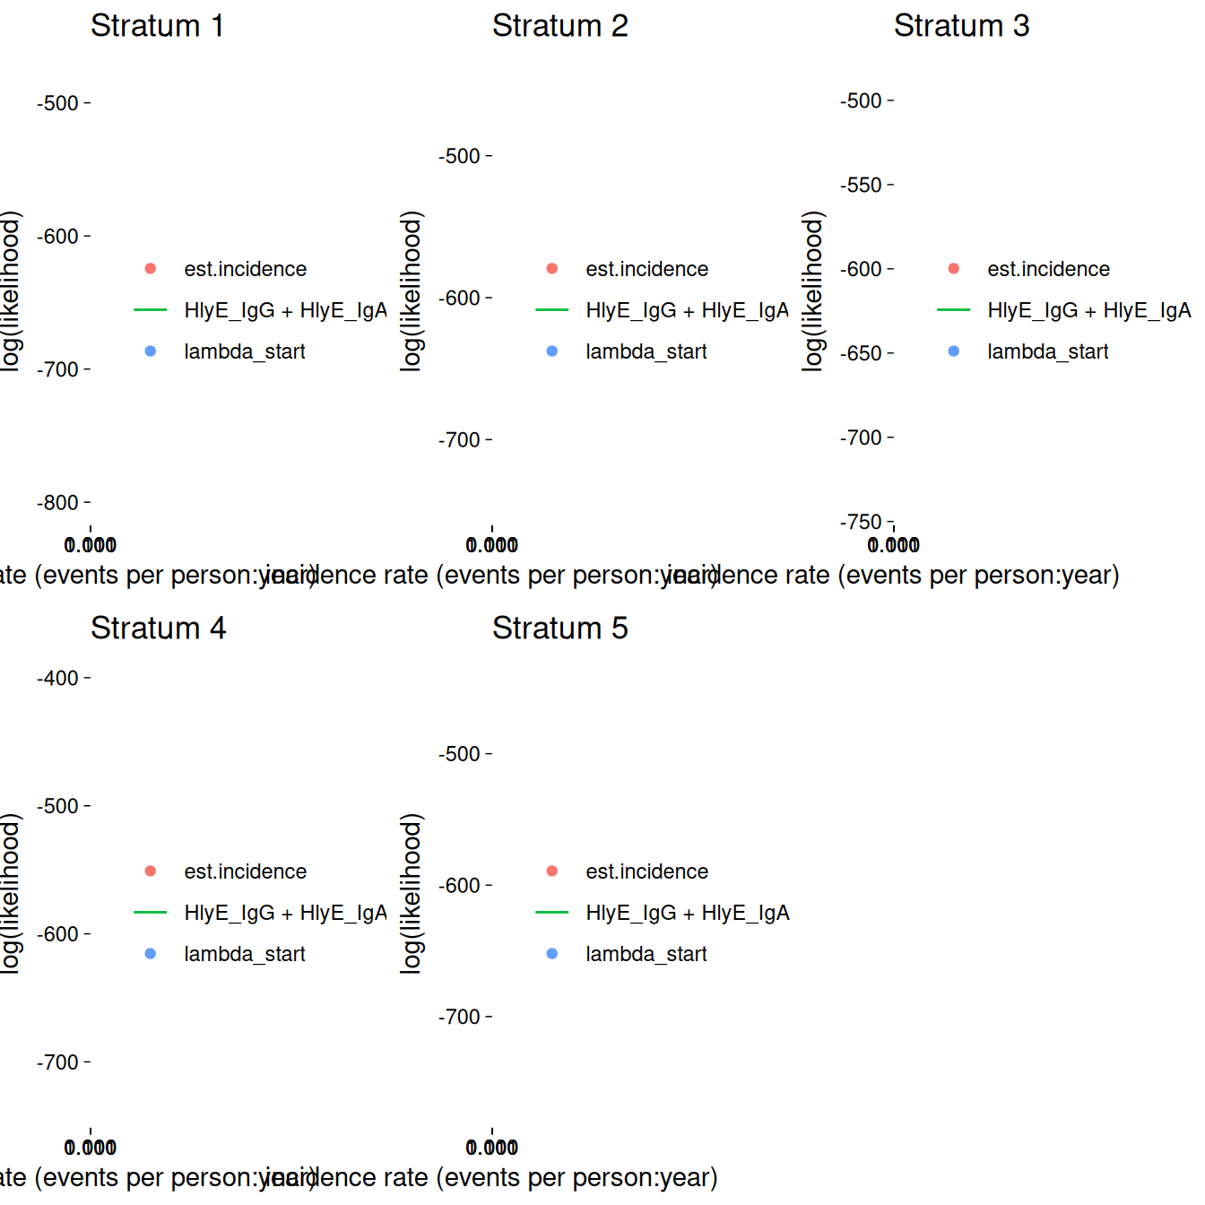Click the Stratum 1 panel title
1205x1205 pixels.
coord(157,26)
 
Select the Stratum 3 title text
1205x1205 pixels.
coord(961,26)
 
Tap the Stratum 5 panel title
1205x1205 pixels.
coord(559,629)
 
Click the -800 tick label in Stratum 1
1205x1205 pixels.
coord(58,503)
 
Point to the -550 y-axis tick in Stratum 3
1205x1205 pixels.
coord(862,186)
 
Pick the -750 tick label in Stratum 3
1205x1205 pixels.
coord(862,522)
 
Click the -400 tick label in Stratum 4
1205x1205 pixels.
coord(58,679)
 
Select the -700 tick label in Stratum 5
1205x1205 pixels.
coord(460,1018)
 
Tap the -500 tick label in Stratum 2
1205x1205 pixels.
coord(460,157)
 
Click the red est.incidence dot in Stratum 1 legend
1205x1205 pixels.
coord(151,269)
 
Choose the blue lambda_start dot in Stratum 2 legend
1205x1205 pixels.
coord(552,351)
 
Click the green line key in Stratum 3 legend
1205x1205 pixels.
coord(954,310)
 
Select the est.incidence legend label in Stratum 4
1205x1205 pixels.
coord(245,871)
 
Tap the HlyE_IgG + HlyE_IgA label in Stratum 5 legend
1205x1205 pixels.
coord(688,913)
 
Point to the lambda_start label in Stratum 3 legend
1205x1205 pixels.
coord(1047,351)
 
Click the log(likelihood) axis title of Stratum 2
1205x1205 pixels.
coord(411,290)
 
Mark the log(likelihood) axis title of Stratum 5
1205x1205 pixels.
coord(411,893)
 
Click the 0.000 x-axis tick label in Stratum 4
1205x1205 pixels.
coord(91,1148)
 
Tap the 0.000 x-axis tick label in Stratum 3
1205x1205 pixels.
coord(894,545)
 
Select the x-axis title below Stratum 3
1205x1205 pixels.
coord(977,575)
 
